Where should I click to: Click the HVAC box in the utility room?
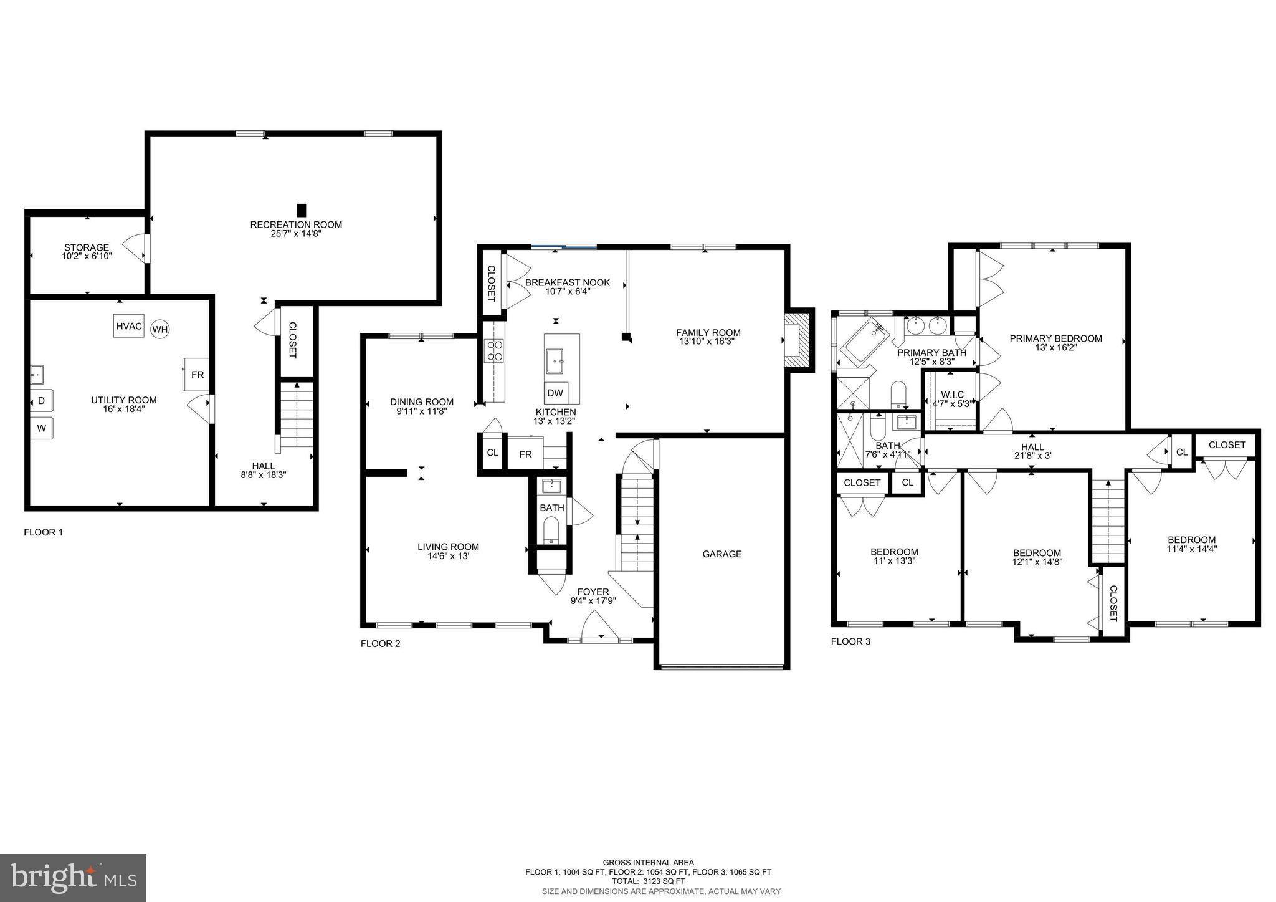129,327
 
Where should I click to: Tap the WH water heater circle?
160,329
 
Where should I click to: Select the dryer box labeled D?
42,401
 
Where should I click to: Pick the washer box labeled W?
42,428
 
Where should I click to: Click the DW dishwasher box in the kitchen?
555,393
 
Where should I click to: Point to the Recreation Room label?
296,224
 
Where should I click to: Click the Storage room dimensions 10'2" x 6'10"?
87,256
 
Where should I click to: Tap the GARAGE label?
722,554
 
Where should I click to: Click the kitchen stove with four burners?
495,350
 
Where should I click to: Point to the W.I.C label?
952,395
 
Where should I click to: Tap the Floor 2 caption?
380,643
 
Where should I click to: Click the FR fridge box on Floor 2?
526,454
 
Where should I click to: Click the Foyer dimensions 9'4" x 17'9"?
593,601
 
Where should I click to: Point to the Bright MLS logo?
74,878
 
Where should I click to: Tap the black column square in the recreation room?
302,210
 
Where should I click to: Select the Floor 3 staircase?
1108,521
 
